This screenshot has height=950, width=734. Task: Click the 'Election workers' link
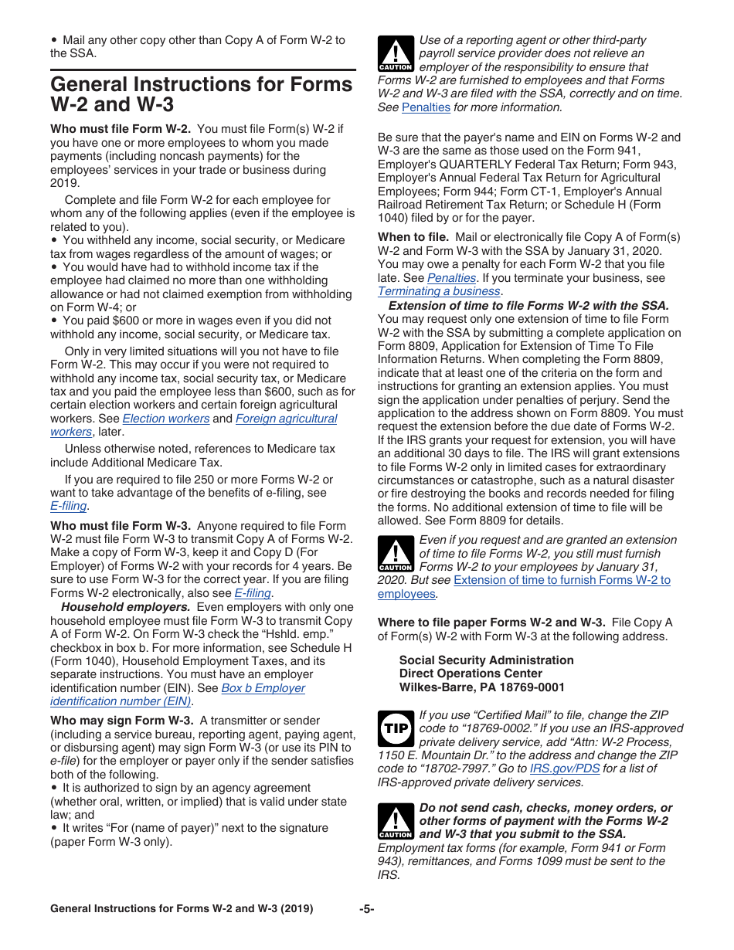[x=166, y=419]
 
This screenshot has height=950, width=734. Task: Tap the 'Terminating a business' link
[x=439, y=291]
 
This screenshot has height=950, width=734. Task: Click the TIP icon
[x=395, y=728]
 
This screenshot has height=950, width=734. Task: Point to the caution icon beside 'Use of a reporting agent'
[x=395, y=54]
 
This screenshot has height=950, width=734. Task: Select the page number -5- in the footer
[x=366, y=909]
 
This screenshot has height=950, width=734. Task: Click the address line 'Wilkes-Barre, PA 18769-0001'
[x=481, y=687]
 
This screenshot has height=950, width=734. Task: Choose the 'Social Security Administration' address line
[x=486, y=660]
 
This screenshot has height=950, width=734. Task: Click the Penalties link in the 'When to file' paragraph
[x=451, y=278]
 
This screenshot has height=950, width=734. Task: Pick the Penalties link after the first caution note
[x=426, y=107]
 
